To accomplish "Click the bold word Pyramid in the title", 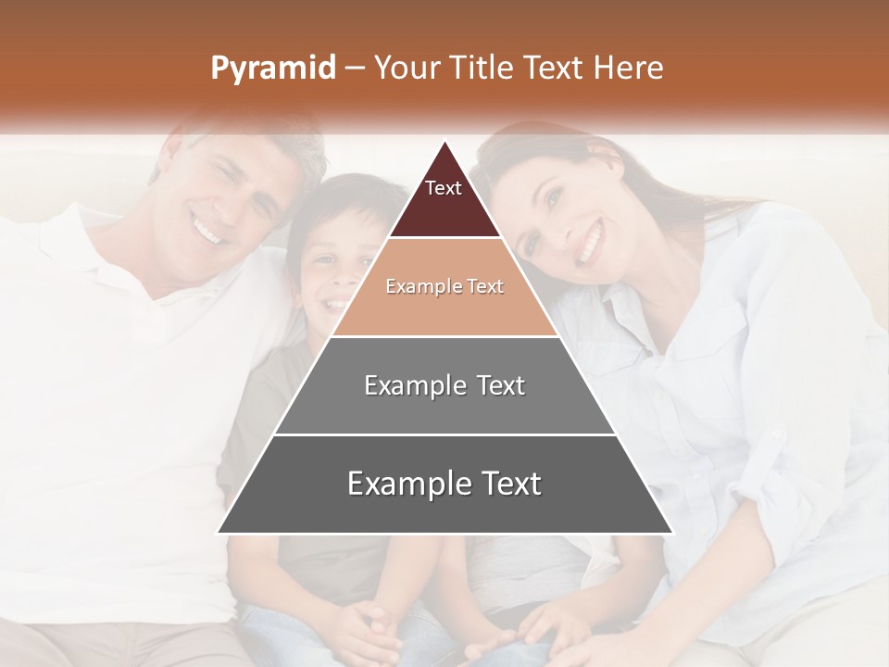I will tap(272, 69).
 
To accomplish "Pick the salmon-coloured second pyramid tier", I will tap(444, 287).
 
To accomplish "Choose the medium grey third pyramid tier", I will tap(444, 385).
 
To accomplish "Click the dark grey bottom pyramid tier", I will tap(444, 485).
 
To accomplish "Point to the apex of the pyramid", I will tap(444, 142).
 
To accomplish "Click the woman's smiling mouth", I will tap(590, 245).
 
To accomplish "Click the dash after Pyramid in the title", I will tap(354, 69).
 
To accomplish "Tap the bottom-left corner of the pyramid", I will tap(218, 533).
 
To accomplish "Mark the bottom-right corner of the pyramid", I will tap(672, 533).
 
